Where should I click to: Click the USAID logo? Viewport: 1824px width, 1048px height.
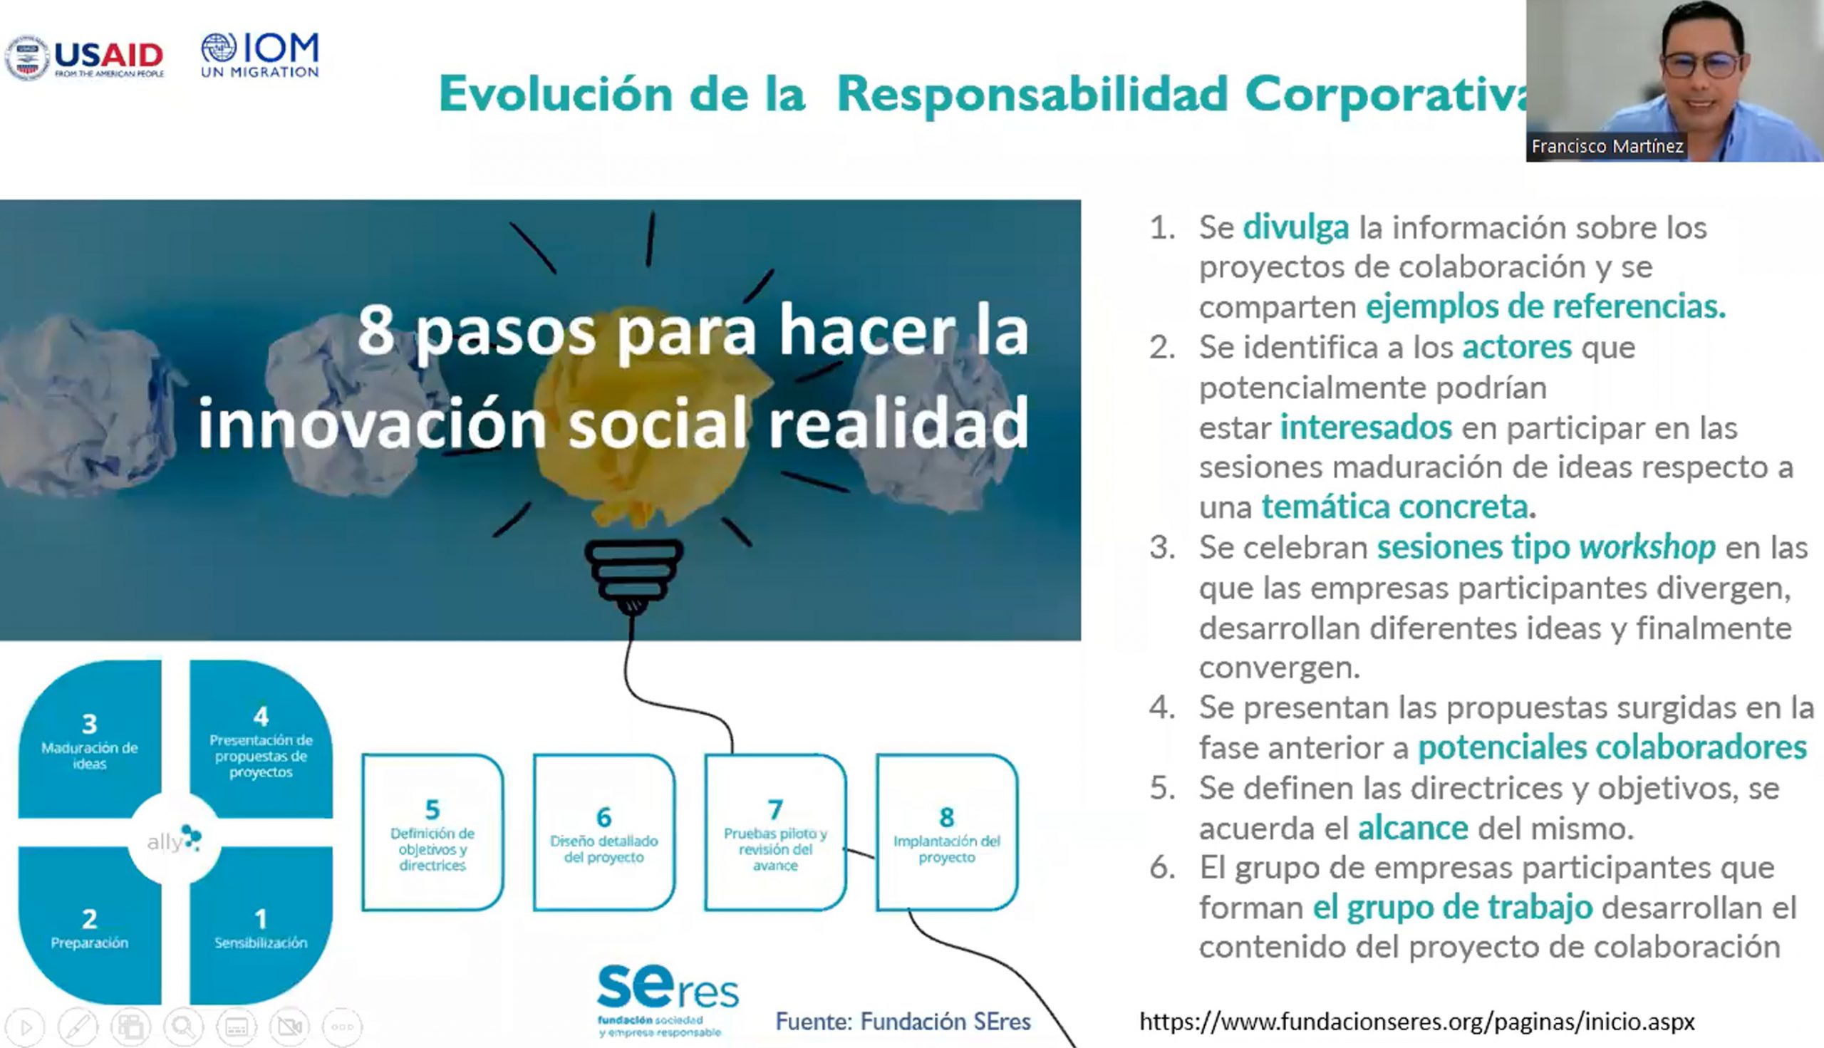(85, 58)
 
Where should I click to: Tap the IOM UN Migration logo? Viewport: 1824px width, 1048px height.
(260, 55)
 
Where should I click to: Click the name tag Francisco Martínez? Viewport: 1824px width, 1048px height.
(1607, 146)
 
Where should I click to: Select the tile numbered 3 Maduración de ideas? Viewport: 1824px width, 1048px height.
(89, 739)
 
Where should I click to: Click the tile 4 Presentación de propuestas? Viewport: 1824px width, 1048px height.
(261, 739)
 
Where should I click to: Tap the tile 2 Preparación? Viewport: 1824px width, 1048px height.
(89, 925)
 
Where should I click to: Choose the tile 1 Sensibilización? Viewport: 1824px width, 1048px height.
(261, 925)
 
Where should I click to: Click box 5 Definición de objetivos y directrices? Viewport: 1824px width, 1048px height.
(432, 833)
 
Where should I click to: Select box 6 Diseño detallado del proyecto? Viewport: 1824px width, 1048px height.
(604, 833)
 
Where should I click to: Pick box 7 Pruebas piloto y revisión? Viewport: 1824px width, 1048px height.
(775, 833)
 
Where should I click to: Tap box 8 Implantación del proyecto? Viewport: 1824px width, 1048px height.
(946, 833)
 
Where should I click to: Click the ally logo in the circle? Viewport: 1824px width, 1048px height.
(174, 839)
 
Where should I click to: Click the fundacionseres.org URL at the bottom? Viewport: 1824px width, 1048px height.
(1416, 1022)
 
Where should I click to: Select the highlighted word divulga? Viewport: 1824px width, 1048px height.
(1295, 227)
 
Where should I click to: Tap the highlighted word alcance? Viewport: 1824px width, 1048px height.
(1412, 829)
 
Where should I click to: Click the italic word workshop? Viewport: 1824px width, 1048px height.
(1647, 548)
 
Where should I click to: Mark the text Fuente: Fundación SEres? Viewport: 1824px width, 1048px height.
(903, 1022)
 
